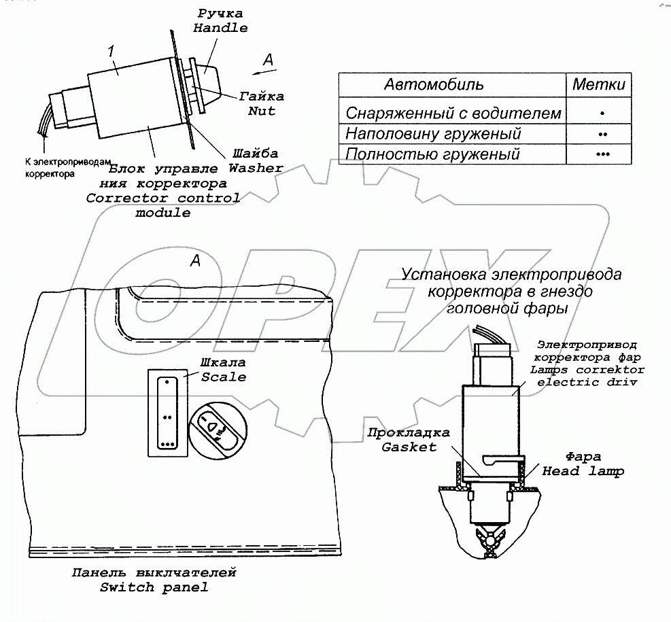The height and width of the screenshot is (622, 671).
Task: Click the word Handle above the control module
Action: pyautogui.click(x=220, y=28)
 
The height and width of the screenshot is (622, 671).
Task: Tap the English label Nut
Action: pyautogui.click(x=261, y=111)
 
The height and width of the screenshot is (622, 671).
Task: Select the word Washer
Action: pyautogui.click(x=256, y=167)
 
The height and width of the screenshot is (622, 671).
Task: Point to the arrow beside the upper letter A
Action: pyautogui.click(x=258, y=69)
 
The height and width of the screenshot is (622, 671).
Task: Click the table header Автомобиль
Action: pyautogui.click(x=434, y=85)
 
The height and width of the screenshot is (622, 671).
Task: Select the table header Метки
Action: pyautogui.click(x=598, y=85)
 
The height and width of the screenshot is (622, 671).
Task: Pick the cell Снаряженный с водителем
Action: pyautogui.click(x=453, y=113)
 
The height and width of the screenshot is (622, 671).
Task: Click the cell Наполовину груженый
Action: pyautogui.click(x=433, y=133)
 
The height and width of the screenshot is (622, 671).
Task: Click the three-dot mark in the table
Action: pyautogui.click(x=602, y=154)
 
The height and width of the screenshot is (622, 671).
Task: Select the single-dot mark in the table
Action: pyautogui.click(x=602, y=113)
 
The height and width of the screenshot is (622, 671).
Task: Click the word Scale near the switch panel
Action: pyautogui.click(x=223, y=377)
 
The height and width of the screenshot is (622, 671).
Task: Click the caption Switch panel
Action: pyautogui.click(x=154, y=587)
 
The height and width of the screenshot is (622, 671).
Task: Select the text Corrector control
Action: pyautogui.click(x=162, y=198)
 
